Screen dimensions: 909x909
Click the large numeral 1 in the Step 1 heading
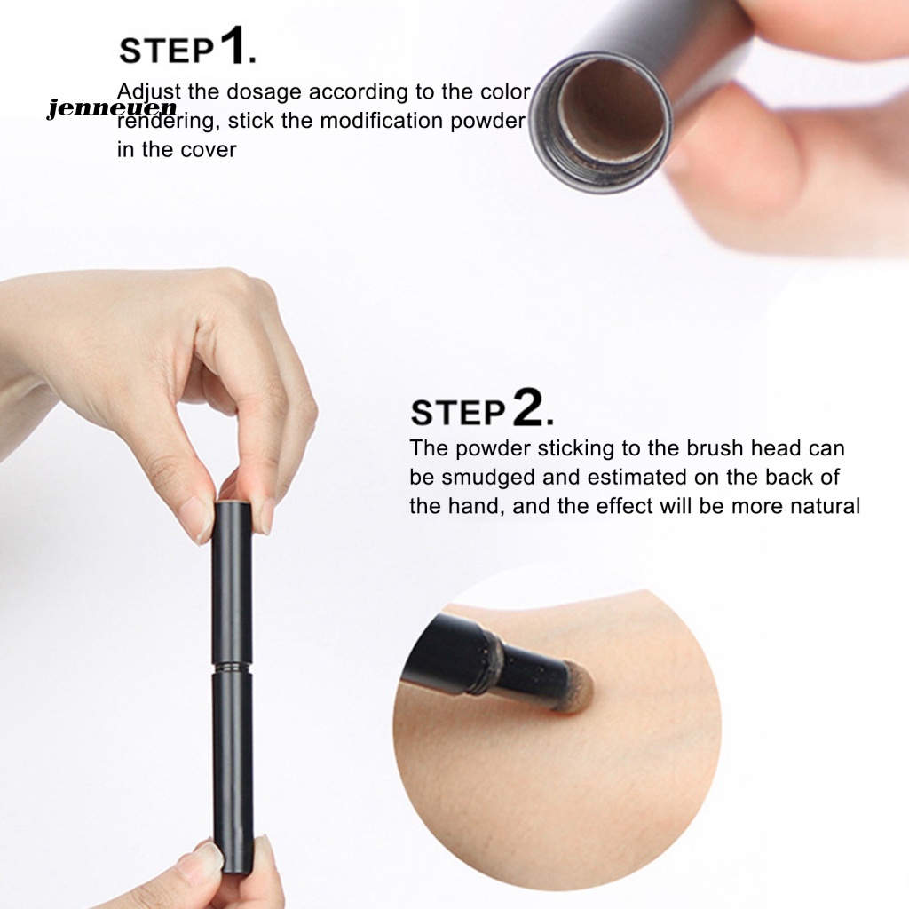point(232,48)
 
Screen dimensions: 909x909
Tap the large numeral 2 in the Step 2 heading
point(527,408)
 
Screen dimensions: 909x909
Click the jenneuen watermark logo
point(112,108)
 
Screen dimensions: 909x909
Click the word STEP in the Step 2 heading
point(458,413)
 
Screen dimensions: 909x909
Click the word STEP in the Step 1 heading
point(167,51)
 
